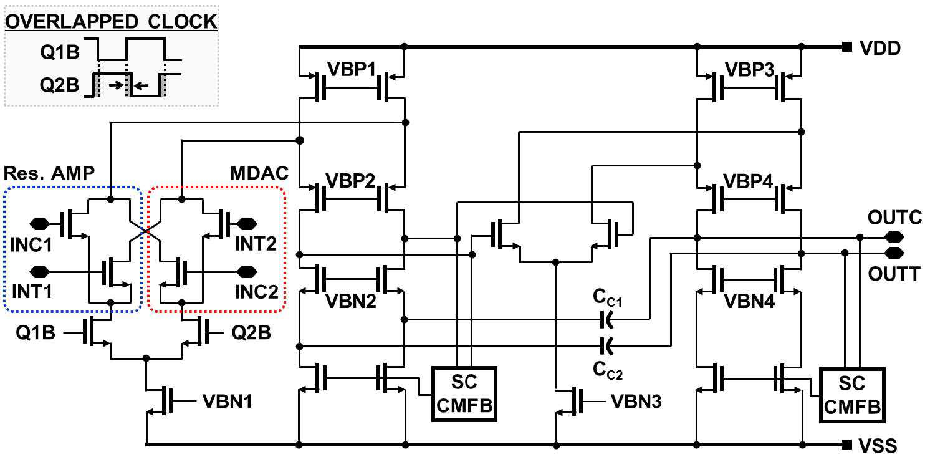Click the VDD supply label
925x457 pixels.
[880, 49]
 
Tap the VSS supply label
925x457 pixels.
[878, 446]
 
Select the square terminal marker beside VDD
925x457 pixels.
[847, 47]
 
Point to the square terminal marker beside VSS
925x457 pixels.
[847, 445]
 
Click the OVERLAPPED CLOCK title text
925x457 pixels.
[111, 22]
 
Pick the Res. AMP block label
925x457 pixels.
[49, 173]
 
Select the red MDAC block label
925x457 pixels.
[259, 173]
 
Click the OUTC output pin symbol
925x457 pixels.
[894, 237]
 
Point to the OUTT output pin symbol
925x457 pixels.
[894, 253]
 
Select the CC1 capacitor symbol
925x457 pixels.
[606, 319]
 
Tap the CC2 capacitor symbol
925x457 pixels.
[606, 346]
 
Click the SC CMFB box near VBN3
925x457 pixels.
[464, 394]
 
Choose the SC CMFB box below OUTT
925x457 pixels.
[852, 395]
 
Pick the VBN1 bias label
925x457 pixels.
[227, 402]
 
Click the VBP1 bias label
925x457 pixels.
[352, 69]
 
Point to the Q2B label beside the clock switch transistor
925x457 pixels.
[251, 333]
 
